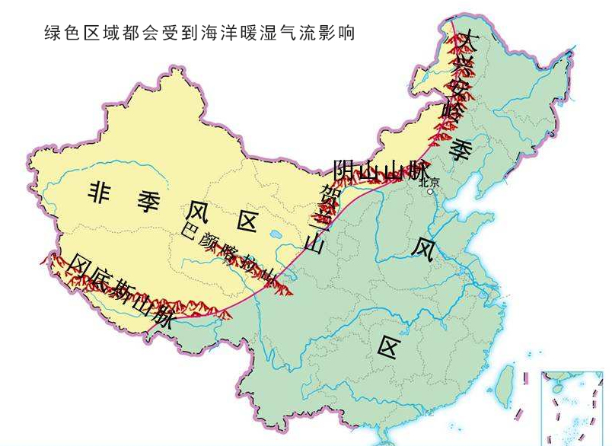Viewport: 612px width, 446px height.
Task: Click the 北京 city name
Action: pyautogui.click(x=429, y=183)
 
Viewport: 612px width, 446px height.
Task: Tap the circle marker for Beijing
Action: pyautogui.click(x=431, y=193)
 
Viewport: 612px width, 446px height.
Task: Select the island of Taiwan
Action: pyautogui.click(x=504, y=385)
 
